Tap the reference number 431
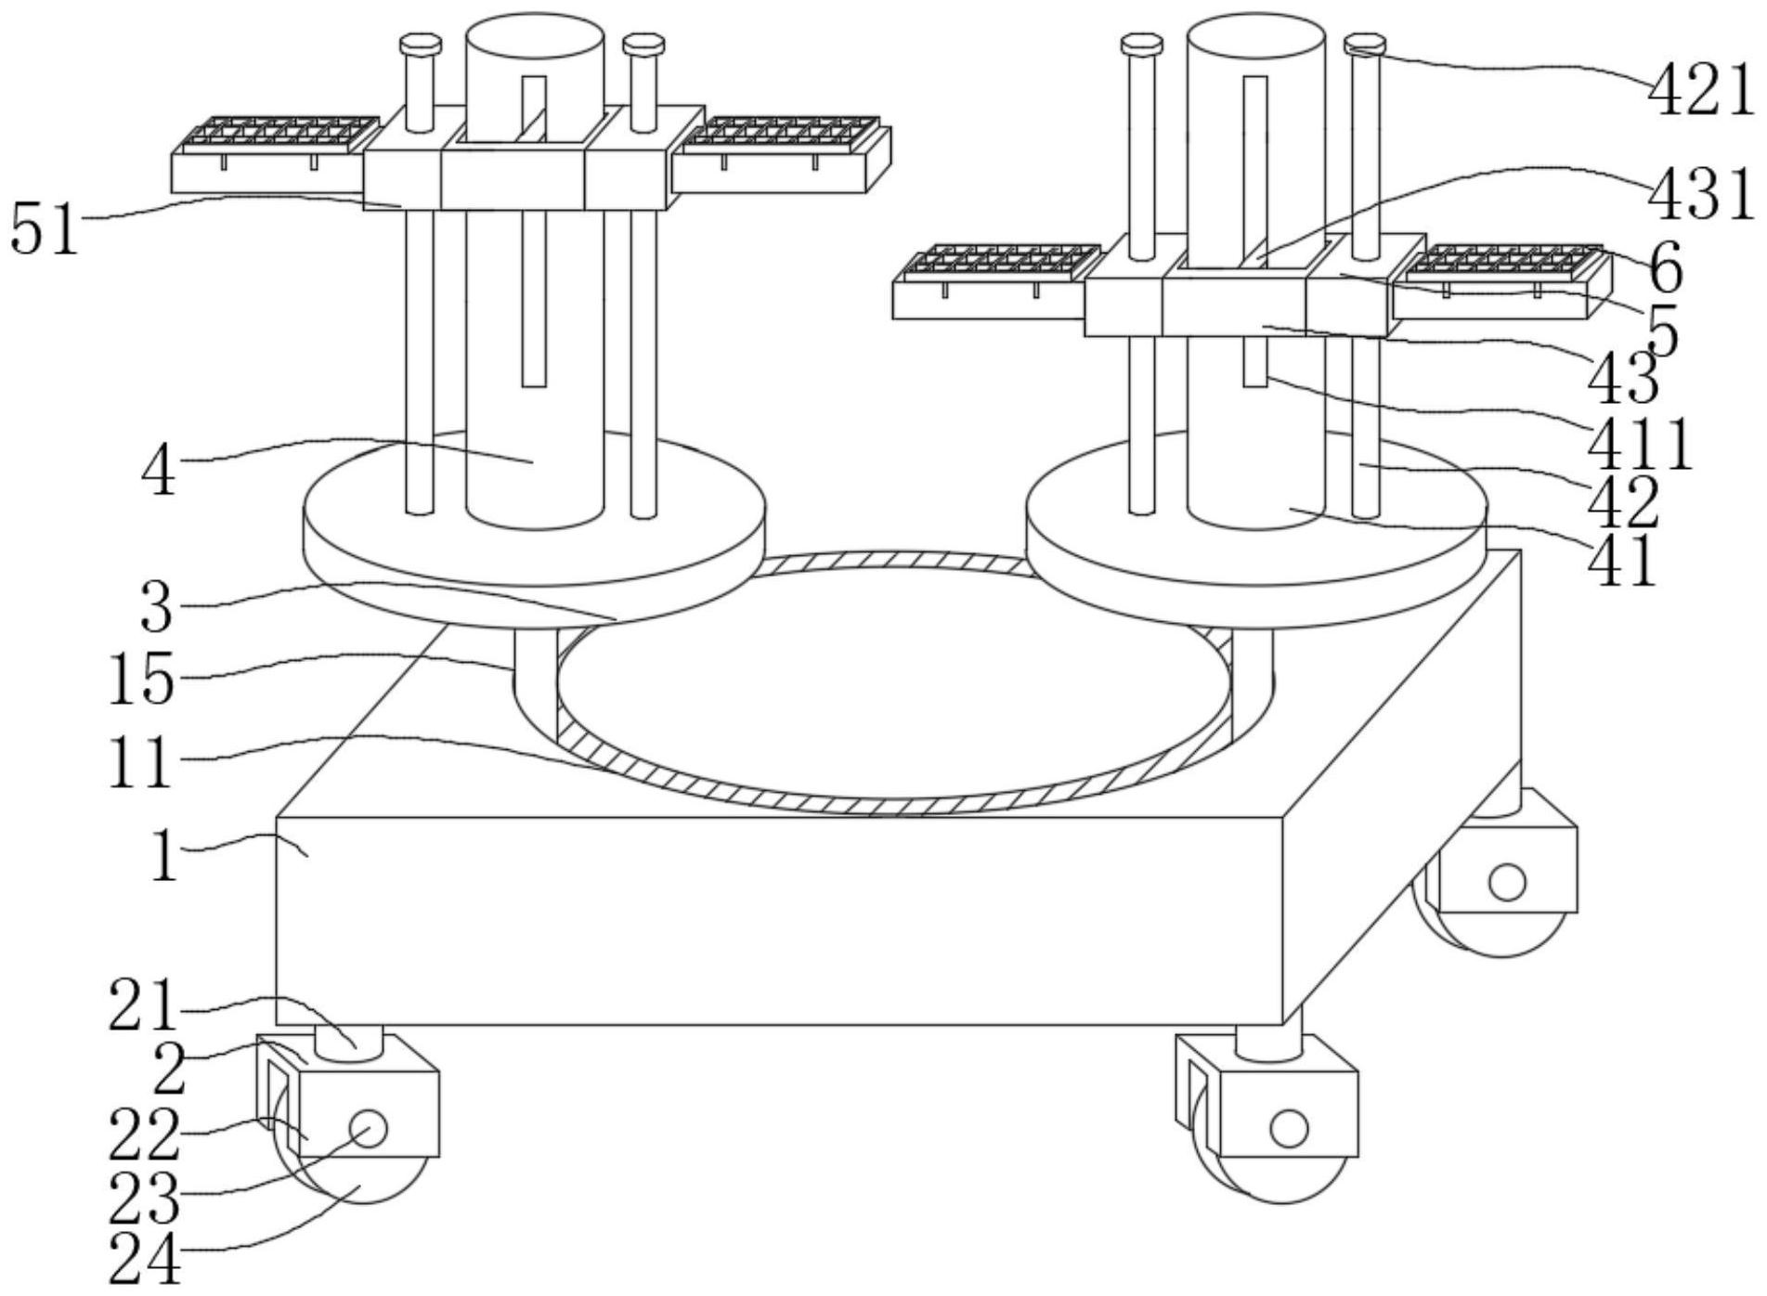tap(1702, 197)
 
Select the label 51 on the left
tap(45, 228)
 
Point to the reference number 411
tap(1641, 444)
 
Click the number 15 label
tap(141, 679)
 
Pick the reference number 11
tap(141, 762)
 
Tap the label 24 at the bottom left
tap(144, 1259)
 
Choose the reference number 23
tap(144, 1199)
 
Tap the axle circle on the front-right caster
tap(1289, 1129)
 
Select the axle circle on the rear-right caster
tap(1507, 881)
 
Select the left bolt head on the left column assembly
tap(420, 44)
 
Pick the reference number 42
tap(1622, 501)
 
